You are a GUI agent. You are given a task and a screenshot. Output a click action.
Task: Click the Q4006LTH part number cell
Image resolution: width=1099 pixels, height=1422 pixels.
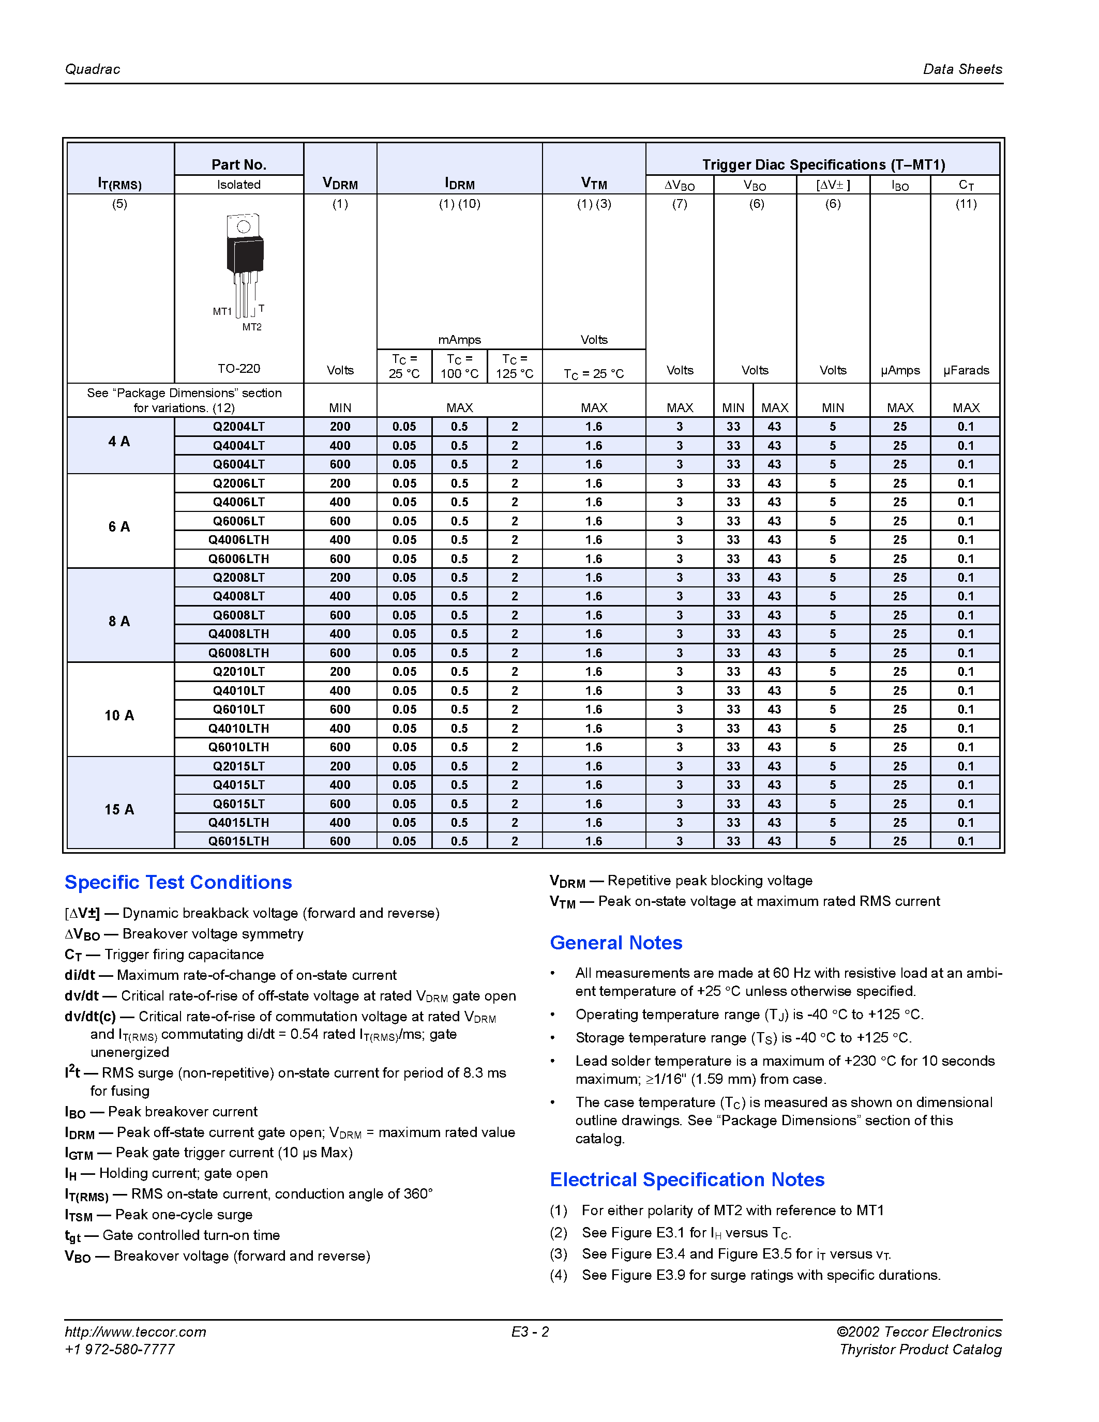click(238, 540)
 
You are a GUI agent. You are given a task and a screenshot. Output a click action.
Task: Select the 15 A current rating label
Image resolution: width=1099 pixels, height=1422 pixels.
click(119, 809)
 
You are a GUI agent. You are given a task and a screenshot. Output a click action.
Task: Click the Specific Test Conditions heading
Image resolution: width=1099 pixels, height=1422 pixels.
click(178, 882)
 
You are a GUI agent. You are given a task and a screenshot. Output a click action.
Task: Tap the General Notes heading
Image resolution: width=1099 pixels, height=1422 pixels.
click(615, 943)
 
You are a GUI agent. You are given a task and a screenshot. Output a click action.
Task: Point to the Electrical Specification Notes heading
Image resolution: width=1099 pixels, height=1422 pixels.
click(687, 1180)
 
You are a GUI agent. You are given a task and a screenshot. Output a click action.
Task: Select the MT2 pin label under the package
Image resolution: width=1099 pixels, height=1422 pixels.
click(252, 327)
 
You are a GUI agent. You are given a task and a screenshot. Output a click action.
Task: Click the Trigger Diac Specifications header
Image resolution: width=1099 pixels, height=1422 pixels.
click(823, 164)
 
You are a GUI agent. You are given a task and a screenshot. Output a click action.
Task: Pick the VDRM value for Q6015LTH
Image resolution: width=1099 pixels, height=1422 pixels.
click(340, 841)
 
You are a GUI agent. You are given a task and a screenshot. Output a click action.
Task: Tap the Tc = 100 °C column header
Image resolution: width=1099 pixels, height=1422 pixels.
click(459, 366)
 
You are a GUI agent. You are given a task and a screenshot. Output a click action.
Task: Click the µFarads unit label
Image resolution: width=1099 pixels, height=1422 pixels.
click(966, 370)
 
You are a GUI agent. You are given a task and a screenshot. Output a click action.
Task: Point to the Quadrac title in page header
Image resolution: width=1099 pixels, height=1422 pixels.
click(93, 69)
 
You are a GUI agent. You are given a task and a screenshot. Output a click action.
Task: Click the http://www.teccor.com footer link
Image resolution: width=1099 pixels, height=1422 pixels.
click(136, 1332)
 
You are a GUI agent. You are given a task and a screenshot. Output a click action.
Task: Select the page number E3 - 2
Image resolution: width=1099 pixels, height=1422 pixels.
click(530, 1332)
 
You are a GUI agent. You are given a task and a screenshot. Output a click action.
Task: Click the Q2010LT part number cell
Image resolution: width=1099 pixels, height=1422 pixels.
click(238, 671)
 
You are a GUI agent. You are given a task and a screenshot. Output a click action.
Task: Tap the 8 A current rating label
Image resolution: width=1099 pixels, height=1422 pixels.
click(119, 621)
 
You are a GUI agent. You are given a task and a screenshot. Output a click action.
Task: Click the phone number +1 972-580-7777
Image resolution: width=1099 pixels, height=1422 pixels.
click(120, 1349)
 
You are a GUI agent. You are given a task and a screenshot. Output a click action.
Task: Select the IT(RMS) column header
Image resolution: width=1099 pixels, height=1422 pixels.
click(119, 184)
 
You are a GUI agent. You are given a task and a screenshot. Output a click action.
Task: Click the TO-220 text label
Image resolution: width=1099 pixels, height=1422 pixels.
click(238, 369)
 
